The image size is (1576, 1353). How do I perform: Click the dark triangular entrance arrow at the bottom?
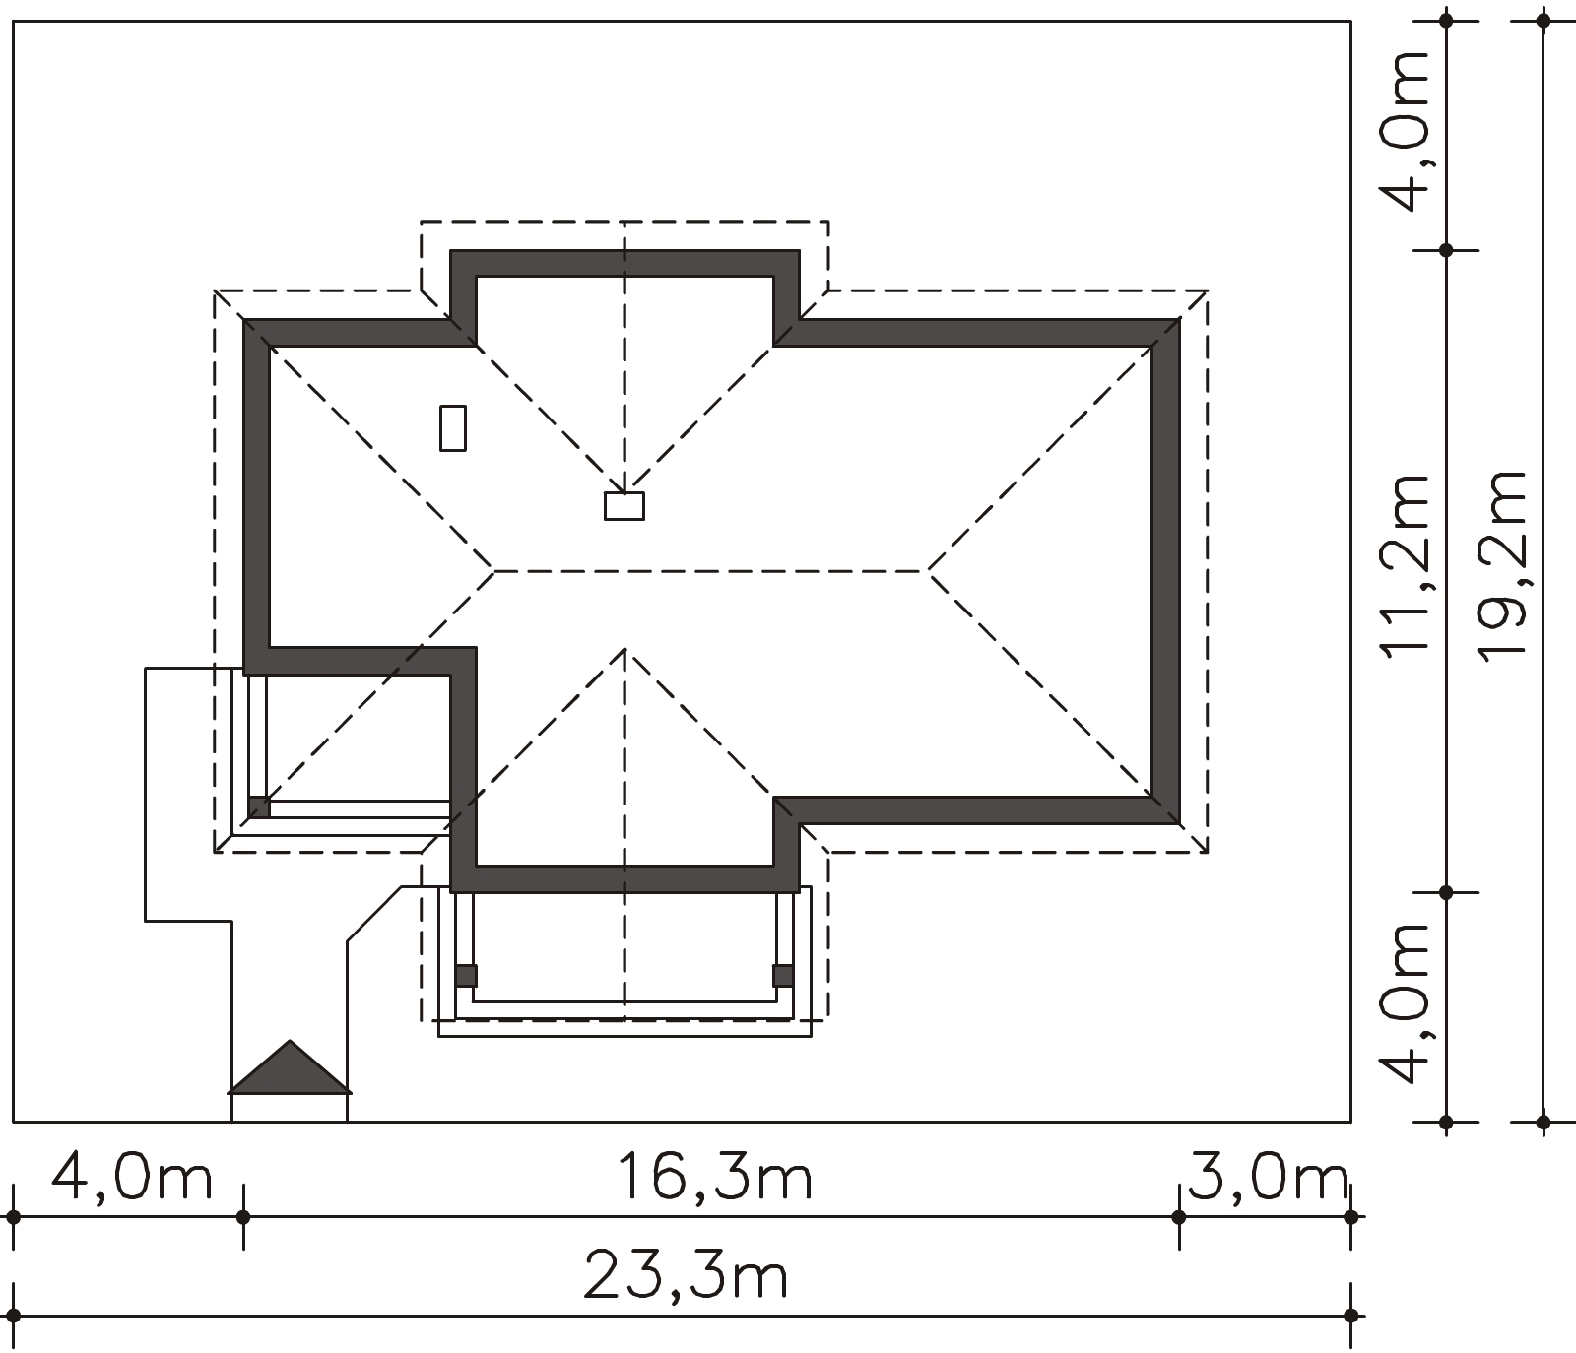[x=290, y=1067]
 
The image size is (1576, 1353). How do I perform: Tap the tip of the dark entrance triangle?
[x=290, y=1041]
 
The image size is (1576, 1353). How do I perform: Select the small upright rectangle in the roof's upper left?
[x=453, y=427]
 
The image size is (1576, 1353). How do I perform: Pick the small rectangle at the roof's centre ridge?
[x=624, y=505]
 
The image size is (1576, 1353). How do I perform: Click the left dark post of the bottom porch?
[x=466, y=976]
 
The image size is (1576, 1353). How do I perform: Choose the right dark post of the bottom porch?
[x=783, y=976]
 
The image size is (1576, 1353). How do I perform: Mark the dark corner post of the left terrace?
[x=258, y=806]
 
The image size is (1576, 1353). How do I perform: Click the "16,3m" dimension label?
[x=715, y=1177]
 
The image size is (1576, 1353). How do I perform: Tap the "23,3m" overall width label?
[x=687, y=1276]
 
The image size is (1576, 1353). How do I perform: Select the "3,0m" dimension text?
[x=1269, y=1177]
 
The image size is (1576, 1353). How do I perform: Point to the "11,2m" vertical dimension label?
[x=1404, y=563]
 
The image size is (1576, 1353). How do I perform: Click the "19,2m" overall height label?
[x=1502, y=563]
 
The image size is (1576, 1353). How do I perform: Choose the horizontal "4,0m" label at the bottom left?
[x=132, y=1177]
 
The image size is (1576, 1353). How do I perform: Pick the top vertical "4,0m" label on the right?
[x=1404, y=131]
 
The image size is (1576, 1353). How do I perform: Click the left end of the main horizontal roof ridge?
[x=493, y=570]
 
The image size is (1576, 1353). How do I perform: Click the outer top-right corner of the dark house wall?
[x=1180, y=319]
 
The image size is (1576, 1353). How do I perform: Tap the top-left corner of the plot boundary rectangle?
[x=13, y=20]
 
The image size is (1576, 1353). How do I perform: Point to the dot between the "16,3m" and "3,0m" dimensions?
[x=1179, y=1217]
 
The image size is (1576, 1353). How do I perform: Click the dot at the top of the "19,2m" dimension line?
[x=1543, y=20]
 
